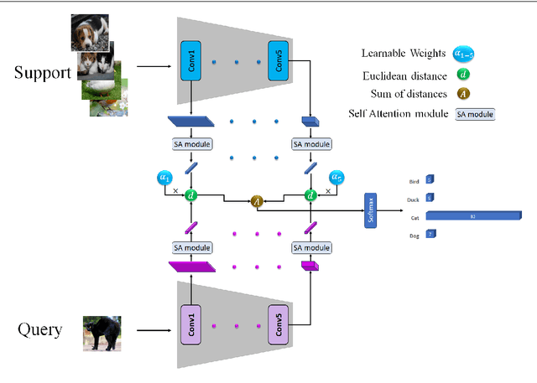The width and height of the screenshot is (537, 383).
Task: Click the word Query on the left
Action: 39,329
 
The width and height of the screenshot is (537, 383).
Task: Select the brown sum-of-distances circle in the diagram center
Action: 258,200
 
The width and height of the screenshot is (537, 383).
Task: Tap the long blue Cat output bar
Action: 472,216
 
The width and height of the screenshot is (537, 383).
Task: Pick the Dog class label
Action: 414,235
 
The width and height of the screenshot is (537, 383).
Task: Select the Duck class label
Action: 414,198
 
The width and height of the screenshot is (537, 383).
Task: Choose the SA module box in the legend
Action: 475,114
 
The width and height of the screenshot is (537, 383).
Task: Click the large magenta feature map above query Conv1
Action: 192,267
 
